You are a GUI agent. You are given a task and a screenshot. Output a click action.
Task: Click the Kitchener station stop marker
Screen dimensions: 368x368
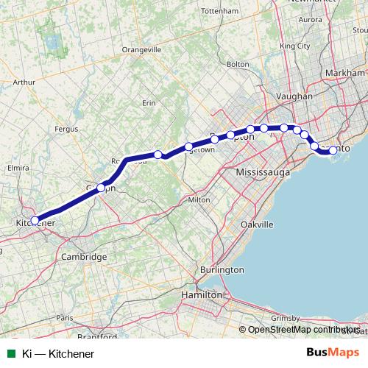(35, 220)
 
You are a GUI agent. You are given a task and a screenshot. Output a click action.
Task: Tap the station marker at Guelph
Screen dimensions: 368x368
(102, 188)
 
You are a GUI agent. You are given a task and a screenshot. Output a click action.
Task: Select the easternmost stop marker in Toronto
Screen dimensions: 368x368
(333, 150)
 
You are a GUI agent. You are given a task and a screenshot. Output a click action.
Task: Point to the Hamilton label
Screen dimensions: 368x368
(202, 294)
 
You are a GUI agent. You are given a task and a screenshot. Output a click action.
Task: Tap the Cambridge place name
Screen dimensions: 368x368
(84, 256)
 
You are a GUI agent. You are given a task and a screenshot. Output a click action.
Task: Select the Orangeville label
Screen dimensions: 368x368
(141, 49)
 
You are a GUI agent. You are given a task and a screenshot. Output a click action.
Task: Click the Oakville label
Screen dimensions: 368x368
(257, 224)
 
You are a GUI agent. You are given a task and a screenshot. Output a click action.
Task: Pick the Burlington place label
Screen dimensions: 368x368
(222, 270)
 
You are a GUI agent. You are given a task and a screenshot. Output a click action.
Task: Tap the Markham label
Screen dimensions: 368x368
(344, 74)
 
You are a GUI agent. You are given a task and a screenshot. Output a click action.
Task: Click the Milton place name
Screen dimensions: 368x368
(199, 199)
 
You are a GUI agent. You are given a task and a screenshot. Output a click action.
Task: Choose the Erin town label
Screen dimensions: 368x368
(149, 102)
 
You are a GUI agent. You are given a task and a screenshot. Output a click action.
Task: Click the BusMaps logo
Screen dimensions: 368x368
(333, 353)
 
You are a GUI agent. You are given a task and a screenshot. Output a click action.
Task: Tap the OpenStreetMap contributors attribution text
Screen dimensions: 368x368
(302, 330)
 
